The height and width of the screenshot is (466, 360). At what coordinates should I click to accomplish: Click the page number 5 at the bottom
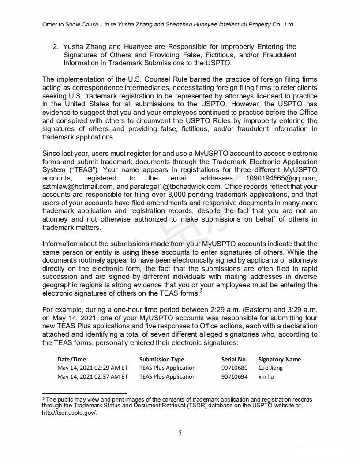click(180, 433)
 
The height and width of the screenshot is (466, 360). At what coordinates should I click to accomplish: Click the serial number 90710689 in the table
click(234, 368)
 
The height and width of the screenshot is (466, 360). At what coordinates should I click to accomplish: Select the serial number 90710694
click(234, 377)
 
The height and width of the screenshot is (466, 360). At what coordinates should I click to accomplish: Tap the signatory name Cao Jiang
click(270, 368)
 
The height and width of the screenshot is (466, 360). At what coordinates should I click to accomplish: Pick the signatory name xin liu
click(266, 377)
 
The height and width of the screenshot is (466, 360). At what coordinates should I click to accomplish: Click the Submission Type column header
click(161, 359)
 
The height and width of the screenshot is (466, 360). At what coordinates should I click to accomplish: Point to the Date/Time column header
click(72, 359)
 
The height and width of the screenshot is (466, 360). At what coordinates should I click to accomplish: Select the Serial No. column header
click(234, 359)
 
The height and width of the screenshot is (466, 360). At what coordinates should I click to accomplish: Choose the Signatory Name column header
click(280, 359)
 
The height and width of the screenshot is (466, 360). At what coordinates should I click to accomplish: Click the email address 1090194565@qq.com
click(281, 178)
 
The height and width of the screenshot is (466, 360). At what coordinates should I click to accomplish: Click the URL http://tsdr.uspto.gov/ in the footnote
click(69, 413)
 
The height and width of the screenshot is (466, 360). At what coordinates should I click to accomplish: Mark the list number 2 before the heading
click(55, 47)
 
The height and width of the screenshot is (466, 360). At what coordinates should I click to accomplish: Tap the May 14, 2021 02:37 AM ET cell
click(93, 377)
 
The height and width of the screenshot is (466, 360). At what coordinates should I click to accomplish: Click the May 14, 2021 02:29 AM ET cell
click(93, 368)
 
